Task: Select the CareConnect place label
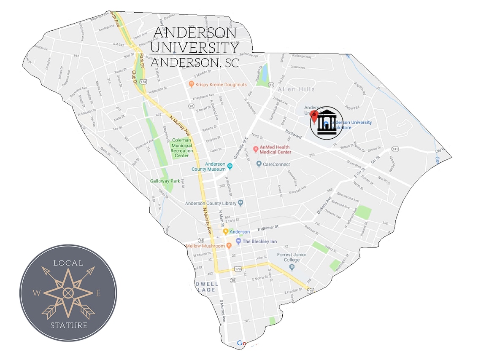275,164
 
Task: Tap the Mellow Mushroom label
205,245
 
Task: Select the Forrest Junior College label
292,258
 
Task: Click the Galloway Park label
165,181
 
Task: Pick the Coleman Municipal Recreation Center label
181,148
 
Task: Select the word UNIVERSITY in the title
195,47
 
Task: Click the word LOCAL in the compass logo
68,263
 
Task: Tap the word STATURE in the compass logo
69,325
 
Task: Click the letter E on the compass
98,293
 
